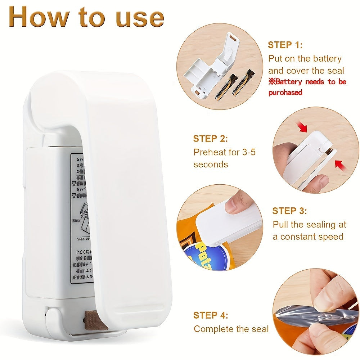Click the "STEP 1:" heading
[x=285, y=45]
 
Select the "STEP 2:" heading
[x=211, y=139]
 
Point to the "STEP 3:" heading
[x=289, y=211]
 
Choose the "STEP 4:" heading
[x=211, y=315]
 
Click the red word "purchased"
[x=285, y=93]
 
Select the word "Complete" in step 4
[x=213, y=329]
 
